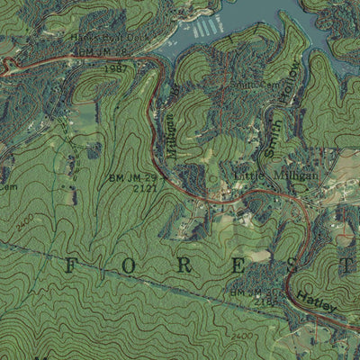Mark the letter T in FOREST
click(x=346, y=265)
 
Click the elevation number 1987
click(x=114, y=69)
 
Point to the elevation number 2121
click(x=145, y=189)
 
